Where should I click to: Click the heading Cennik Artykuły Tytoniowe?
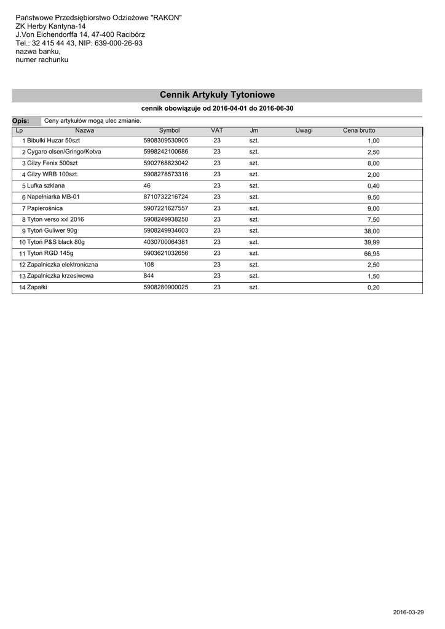pyautogui.click(x=217, y=95)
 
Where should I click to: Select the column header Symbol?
pyautogui.click(x=169, y=131)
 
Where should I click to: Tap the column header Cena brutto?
pyautogui.click(x=359, y=131)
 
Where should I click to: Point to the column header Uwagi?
pyautogui.click(x=304, y=131)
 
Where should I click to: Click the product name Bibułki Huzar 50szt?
pyautogui.click(x=53, y=141)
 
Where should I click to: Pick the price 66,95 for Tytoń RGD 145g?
pyautogui.click(x=372, y=254)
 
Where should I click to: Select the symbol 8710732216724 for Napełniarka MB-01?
pyautogui.click(x=165, y=197)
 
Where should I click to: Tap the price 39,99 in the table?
pyautogui.click(x=372, y=243)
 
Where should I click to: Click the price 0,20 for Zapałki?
pyautogui.click(x=373, y=287)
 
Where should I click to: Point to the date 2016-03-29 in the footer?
pyautogui.click(x=408, y=613)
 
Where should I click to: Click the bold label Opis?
pyautogui.click(x=21, y=121)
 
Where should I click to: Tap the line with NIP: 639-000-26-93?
pyautogui.click(x=79, y=44)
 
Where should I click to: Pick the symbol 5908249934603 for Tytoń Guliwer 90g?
pyautogui.click(x=165, y=231)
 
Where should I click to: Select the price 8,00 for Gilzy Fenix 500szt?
pyautogui.click(x=373, y=164)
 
